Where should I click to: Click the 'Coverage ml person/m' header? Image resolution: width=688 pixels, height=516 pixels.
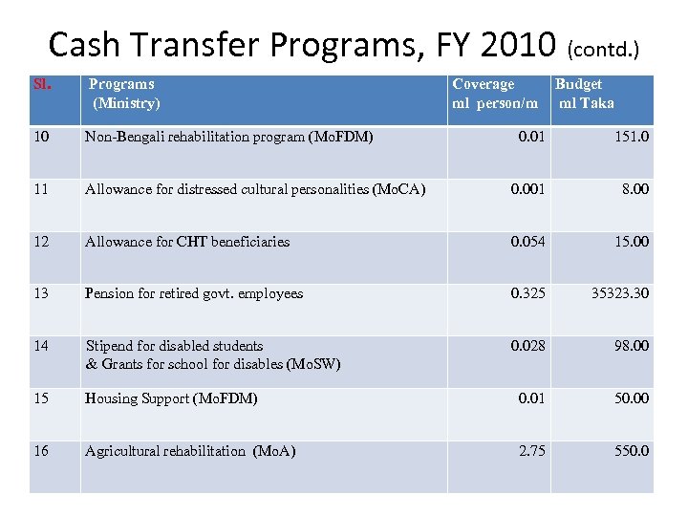494,94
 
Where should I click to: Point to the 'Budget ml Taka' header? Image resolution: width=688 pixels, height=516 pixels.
585,94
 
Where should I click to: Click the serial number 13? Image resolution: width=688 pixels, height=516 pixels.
40,293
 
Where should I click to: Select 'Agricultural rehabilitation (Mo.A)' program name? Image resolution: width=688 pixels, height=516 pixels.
189,451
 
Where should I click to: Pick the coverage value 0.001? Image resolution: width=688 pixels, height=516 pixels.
527,189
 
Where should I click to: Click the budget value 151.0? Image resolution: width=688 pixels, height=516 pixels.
631,137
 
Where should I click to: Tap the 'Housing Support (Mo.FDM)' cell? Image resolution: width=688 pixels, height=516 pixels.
171,398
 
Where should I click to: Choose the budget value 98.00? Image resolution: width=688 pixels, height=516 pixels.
631,346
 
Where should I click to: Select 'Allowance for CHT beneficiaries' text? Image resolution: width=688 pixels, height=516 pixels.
187,242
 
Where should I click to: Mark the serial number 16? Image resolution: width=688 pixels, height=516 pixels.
40,451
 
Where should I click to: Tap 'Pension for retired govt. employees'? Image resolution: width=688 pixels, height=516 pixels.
194,293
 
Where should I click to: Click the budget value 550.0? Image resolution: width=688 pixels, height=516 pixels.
631,451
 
